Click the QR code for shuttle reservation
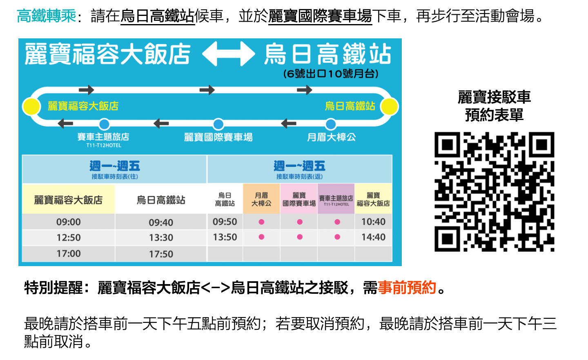pos(494,191)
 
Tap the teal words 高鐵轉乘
pos(47,16)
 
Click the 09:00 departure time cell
pos(69,222)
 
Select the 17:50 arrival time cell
pos(161,254)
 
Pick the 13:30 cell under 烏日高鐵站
pos(161,238)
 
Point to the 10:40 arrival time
pos(373,222)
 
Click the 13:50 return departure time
pos(225,237)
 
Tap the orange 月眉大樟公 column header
pos(261,199)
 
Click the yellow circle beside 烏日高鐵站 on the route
pos(389,107)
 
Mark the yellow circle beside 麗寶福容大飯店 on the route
pos(31,107)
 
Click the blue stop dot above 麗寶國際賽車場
pos(218,124)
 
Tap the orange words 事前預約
pos(407,288)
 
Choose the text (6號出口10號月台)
pos(331,74)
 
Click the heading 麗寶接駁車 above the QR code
pos(494,98)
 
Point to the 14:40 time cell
pos(373,237)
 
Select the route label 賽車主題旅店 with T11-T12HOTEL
pos(103,139)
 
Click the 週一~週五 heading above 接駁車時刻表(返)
pos(299,166)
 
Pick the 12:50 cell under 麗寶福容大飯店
pos(69,238)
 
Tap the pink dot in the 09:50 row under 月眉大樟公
pos(261,222)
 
